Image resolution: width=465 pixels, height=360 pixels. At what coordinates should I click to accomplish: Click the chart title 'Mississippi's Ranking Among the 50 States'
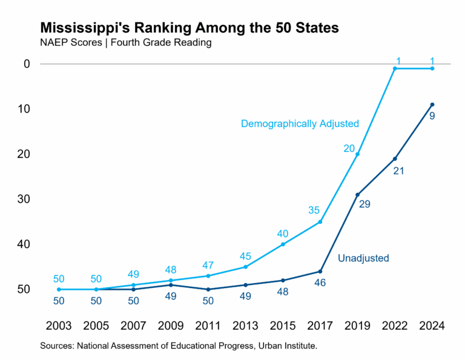tap(189, 28)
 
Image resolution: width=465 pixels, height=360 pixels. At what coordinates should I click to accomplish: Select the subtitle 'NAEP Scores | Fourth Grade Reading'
tap(125, 43)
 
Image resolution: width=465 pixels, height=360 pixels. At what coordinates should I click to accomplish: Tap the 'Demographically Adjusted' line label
tap(300, 123)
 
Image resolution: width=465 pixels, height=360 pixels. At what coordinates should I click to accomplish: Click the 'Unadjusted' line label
tap(363, 258)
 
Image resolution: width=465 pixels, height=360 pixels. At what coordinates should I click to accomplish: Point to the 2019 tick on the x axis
tap(357, 326)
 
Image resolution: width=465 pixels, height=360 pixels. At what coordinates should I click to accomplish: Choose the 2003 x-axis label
tap(59, 326)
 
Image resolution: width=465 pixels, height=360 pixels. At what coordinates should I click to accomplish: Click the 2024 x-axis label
tap(432, 326)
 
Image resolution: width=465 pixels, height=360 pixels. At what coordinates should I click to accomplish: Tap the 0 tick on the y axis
tap(26, 64)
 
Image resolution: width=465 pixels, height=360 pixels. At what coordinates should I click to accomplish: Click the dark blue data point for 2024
tap(432, 105)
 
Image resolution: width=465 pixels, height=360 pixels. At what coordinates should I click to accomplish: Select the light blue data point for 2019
tap(357, 154)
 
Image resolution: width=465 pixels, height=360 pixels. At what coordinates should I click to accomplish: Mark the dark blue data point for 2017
tap(320, 272)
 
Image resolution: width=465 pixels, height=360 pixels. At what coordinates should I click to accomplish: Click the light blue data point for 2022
tap(395, 68)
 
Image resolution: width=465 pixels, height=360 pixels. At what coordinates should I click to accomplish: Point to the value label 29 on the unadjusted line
tap(364, 205)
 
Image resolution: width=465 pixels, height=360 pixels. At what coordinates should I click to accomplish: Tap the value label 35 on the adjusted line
tap(314, 211)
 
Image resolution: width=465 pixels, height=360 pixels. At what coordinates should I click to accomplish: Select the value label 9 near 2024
tap(432, 116)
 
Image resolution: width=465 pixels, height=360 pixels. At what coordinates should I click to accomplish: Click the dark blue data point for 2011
tap(208, 289)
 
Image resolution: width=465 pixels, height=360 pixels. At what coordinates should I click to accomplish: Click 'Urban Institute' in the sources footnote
tap(285, 346)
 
